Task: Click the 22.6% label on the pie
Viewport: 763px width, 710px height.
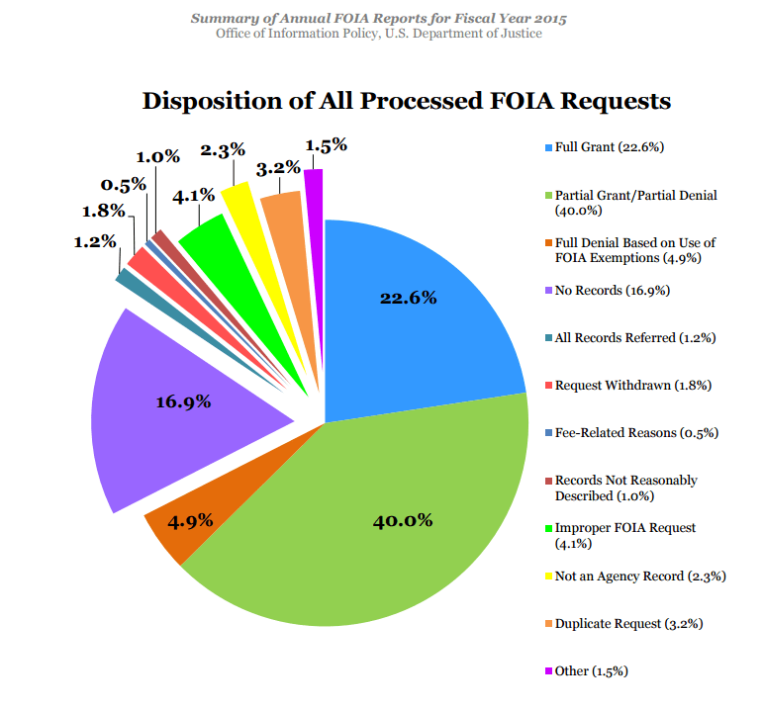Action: (x=409, y=298)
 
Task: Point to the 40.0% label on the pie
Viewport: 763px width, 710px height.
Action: (x=404, y=520)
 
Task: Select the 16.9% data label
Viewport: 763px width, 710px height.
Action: (x=184, y=401)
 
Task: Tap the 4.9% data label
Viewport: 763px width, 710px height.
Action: (x=188, y=521)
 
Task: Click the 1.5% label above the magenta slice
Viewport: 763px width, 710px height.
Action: (x=326, y=145)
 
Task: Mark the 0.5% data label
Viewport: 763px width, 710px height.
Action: (x=124, y=185)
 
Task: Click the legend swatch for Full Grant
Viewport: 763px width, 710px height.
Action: (x=547, y=147)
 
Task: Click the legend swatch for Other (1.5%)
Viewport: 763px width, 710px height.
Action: (x=547, y=671)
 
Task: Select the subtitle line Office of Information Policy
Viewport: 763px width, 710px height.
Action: (x=379, y=34)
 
